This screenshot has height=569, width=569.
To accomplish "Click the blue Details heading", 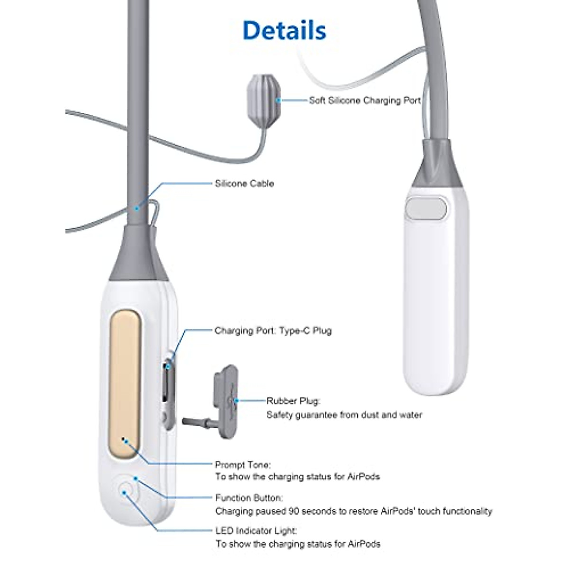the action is point(284,30).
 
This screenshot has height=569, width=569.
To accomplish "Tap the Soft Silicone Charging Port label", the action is point(365,101).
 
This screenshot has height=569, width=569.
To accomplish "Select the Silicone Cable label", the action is point(244,184).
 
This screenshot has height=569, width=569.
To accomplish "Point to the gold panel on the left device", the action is point(125,384).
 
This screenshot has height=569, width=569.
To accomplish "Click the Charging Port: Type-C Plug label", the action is point(273,330).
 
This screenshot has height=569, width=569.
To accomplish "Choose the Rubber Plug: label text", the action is point(293,401).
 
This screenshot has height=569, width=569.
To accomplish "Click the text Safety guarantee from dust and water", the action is point(344,415).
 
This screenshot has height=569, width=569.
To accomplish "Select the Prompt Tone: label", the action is point(243,465).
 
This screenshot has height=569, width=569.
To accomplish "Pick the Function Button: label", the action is point(248,498).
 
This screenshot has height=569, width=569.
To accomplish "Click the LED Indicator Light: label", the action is point(256,531).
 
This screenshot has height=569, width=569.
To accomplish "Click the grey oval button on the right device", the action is point(426,209).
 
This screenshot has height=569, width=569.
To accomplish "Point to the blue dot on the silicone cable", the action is point(136,208).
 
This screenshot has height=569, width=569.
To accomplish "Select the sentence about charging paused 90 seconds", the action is point(353,511).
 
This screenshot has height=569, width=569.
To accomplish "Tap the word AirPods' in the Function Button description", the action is point(400,511).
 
